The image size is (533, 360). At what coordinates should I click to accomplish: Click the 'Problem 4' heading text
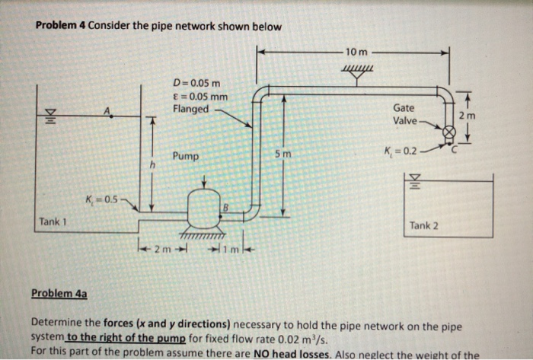[x=61, y=27]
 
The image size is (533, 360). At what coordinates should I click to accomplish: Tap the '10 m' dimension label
[x=356, y=52]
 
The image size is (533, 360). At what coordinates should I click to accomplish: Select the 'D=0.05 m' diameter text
[x=196, y=82]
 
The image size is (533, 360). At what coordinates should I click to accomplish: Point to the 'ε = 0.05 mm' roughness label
[x=200, y=95]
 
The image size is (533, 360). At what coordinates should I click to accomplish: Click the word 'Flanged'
[x=190, y=109]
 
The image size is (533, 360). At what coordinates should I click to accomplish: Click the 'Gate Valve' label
[x=404, y=115]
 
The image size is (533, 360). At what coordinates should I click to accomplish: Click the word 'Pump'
[x=185, y=156]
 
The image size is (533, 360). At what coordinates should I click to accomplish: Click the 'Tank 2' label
[x=423, y=225]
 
